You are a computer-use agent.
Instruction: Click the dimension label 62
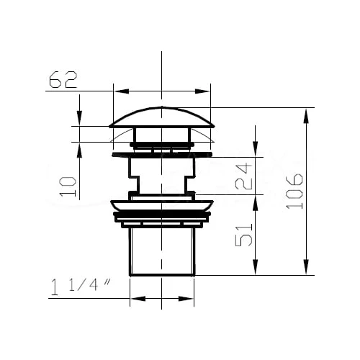(63, 79)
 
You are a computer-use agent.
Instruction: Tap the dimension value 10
(68, 187)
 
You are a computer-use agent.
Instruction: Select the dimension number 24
(243, 176)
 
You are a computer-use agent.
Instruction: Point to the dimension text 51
(244, 235)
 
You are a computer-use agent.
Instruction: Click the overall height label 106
(294, 191)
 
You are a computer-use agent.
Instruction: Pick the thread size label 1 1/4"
(81, 287)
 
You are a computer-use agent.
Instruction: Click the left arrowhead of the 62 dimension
(122, 91)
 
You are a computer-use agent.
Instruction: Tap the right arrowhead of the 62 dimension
(202, 91)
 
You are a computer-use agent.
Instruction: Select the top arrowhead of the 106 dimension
(306, 117)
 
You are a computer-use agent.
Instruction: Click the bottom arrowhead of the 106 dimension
(306, 266)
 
